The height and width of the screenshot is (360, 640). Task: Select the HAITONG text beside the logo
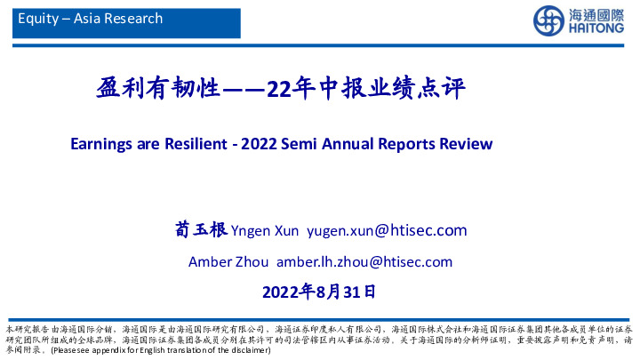pyautogui.click(x=592, y=28)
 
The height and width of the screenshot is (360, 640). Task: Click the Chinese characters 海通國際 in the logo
pyautogui.click(x=592, y=13)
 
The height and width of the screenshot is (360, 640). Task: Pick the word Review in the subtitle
pyautogui.click(x=464, y=142)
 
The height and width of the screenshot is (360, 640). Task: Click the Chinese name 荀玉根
pyautogui.click(x=200, y=231)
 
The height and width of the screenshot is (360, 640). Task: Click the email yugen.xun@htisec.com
pyautogui.click(x=387, y=232)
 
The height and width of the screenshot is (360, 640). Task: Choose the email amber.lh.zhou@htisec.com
pyautogui.click(x=364, y=261)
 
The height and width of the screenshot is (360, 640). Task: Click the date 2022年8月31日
pyautogui.click(x=320, y=291)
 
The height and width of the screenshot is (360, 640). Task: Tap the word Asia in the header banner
pyautogui.click(x=84, y=18)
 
